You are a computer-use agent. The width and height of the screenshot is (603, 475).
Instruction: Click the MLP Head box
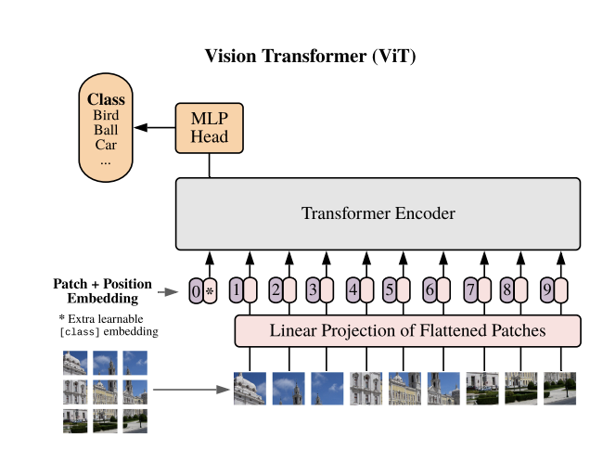(209, 128)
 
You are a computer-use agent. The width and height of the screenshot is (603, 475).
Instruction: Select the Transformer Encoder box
(378, 213)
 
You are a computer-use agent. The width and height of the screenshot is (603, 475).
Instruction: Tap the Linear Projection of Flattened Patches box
(407, 330)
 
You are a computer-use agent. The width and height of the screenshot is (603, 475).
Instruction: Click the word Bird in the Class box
(106, 115)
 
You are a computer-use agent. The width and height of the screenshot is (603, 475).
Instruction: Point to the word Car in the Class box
(106, 145)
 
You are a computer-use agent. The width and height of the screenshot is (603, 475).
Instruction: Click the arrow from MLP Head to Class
(154, 128)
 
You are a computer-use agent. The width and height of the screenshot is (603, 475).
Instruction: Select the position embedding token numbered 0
(195, 291)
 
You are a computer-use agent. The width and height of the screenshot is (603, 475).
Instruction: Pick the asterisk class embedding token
(210, 291)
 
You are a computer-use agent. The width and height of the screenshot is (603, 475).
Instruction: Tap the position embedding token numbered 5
(390, 290)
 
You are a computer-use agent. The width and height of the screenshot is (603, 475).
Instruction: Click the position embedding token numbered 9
(546, 290)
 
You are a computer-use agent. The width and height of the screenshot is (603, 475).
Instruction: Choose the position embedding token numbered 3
(313, 290)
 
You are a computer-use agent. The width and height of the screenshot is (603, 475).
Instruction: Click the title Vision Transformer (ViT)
(310, 57)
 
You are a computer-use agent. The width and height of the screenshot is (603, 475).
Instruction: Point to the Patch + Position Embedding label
(102, 290)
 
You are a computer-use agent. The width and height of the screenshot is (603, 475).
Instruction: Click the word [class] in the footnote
(78, 331)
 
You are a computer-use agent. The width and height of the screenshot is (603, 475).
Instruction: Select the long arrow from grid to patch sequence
(190, 390)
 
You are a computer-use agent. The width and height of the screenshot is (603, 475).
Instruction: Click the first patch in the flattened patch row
(250, 389)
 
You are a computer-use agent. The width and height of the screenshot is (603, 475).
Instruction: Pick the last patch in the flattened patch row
(560, 389)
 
